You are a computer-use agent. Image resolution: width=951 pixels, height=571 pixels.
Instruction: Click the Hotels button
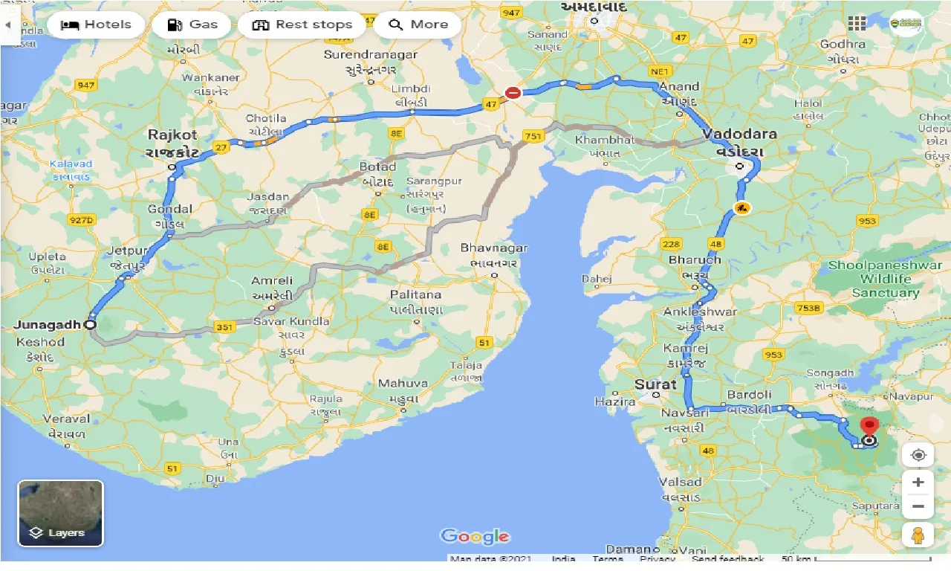pyautogui.click(x=96, y=25)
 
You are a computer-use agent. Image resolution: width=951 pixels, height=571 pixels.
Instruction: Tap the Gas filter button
pyautogui.click(x=192, y=25)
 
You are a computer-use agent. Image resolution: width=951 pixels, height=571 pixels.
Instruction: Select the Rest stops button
pyautogui.click(x=302, y=25)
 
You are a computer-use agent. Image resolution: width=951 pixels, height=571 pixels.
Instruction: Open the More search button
pyautogui.click(x=418, y=25)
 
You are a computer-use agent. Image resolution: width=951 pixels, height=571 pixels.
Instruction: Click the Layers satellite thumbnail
pyautogui.click(x=61, y=513)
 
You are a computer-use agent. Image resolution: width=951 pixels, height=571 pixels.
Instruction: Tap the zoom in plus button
pyautogui.click(x=918, y=483)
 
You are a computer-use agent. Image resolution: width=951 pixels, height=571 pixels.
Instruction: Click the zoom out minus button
pyautogui.click(x=918, y=508)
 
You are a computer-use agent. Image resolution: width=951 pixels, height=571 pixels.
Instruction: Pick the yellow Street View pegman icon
pyautogui.click(x=918, y=535)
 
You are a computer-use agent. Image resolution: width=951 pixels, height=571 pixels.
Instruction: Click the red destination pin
pyautogui.click(x=869, y=428)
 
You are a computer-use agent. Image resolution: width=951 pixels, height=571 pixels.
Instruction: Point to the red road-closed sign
pyautogui.click(x=513, y=93)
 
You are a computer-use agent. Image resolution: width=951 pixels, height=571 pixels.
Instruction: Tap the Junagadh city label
pyautogui.click(x=46, y=324)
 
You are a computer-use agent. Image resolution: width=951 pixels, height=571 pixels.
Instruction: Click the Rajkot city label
pyautogui.click(x=172, y=135)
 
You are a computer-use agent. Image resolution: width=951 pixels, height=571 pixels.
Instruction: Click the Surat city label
pyautogui.click(x=655, y=384)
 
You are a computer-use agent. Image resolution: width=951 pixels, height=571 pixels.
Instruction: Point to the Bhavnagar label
pyautogui.click(x=493, y=248)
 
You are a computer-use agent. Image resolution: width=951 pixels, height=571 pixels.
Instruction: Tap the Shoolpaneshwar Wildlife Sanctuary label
pyautogui.click(x=885, y=279)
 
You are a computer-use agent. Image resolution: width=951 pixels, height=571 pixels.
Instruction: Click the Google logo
pyautogui.click(x=475, y=537)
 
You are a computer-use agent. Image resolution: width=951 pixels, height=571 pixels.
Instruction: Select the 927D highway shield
pyautogui.click(x=81, y=220)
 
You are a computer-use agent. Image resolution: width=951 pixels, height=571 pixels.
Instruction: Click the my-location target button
pyautogui.click(x=918, y=455)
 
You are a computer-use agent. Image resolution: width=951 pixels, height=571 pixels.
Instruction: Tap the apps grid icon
pyautogui.click(x=857, y=24)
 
